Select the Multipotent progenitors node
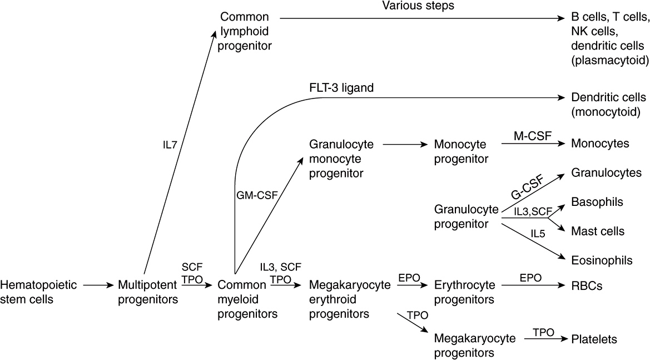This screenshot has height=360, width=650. click(148, 293)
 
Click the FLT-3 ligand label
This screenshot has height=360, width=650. click(340, 88)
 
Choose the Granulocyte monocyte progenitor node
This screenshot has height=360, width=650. click(341, 159)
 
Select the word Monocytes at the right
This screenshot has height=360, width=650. click(600, 144)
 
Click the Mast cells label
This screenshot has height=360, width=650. click(598, 230)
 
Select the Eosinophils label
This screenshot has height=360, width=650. click(602, 259)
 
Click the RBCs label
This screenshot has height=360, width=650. click(587, 286)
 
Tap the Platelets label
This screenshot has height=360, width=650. click(594, 339)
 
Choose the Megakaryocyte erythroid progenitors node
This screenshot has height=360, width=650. click(343, 300)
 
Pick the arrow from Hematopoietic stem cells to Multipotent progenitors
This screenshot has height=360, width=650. click(97, 286)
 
